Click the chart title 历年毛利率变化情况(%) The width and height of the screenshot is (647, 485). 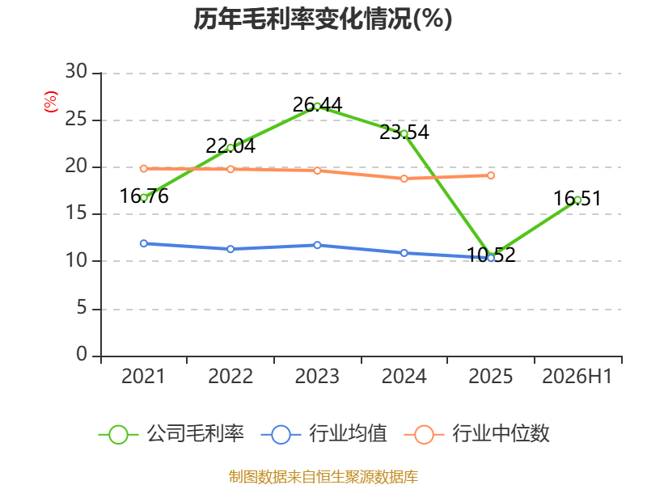323,19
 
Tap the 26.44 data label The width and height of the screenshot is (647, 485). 317,105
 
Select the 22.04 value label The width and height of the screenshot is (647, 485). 230,146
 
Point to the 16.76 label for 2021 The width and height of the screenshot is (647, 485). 144,196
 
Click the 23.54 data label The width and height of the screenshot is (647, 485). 404,133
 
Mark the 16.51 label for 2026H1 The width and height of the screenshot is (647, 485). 577,198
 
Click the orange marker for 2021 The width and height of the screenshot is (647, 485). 144,169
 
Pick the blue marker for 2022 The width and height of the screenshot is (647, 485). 230,249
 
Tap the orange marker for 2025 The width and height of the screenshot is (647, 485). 491,175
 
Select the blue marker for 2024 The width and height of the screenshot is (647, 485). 404,253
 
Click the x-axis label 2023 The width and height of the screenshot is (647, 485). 317,377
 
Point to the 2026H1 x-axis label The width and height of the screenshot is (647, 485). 577,377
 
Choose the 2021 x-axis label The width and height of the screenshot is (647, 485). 143,377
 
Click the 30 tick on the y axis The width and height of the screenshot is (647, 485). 76,71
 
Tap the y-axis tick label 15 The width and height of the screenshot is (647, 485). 76,213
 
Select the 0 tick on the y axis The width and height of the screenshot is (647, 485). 82,354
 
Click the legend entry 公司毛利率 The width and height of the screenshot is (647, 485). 171,434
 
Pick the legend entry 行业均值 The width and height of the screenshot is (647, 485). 324,434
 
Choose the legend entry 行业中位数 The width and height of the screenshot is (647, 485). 476,434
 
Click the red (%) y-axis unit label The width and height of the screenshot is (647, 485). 51,102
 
